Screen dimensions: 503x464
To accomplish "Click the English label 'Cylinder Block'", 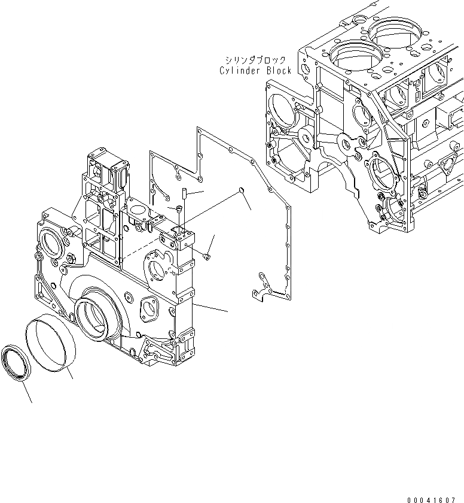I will [x=255, y=70].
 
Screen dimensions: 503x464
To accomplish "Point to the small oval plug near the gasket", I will [x=240, y=190].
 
